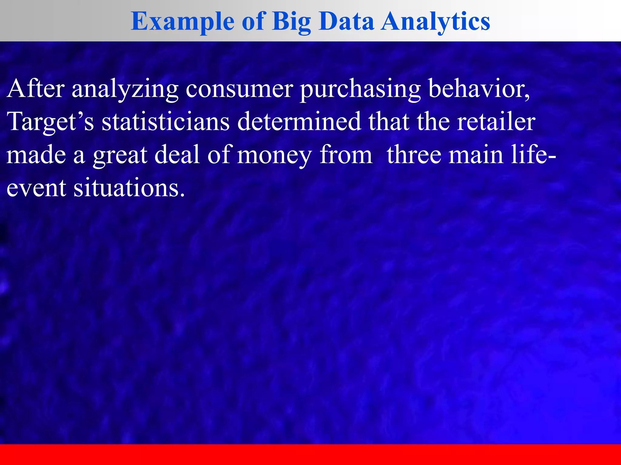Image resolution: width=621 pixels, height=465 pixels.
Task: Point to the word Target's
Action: pyautogui.click(x=50, y=122)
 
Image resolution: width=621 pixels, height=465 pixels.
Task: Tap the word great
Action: pyautogui.click(x=120, y=155)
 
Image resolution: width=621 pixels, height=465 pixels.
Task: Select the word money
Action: pyautogui.click(x=274, y=155)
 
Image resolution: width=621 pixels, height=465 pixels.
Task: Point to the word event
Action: pyautogui.click(x=36, y=188)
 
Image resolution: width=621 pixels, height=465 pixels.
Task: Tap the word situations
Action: pyautogui.click(x=129, y=188)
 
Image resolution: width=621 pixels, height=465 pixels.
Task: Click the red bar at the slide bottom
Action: pyautogui.click(x=310, y=454)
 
